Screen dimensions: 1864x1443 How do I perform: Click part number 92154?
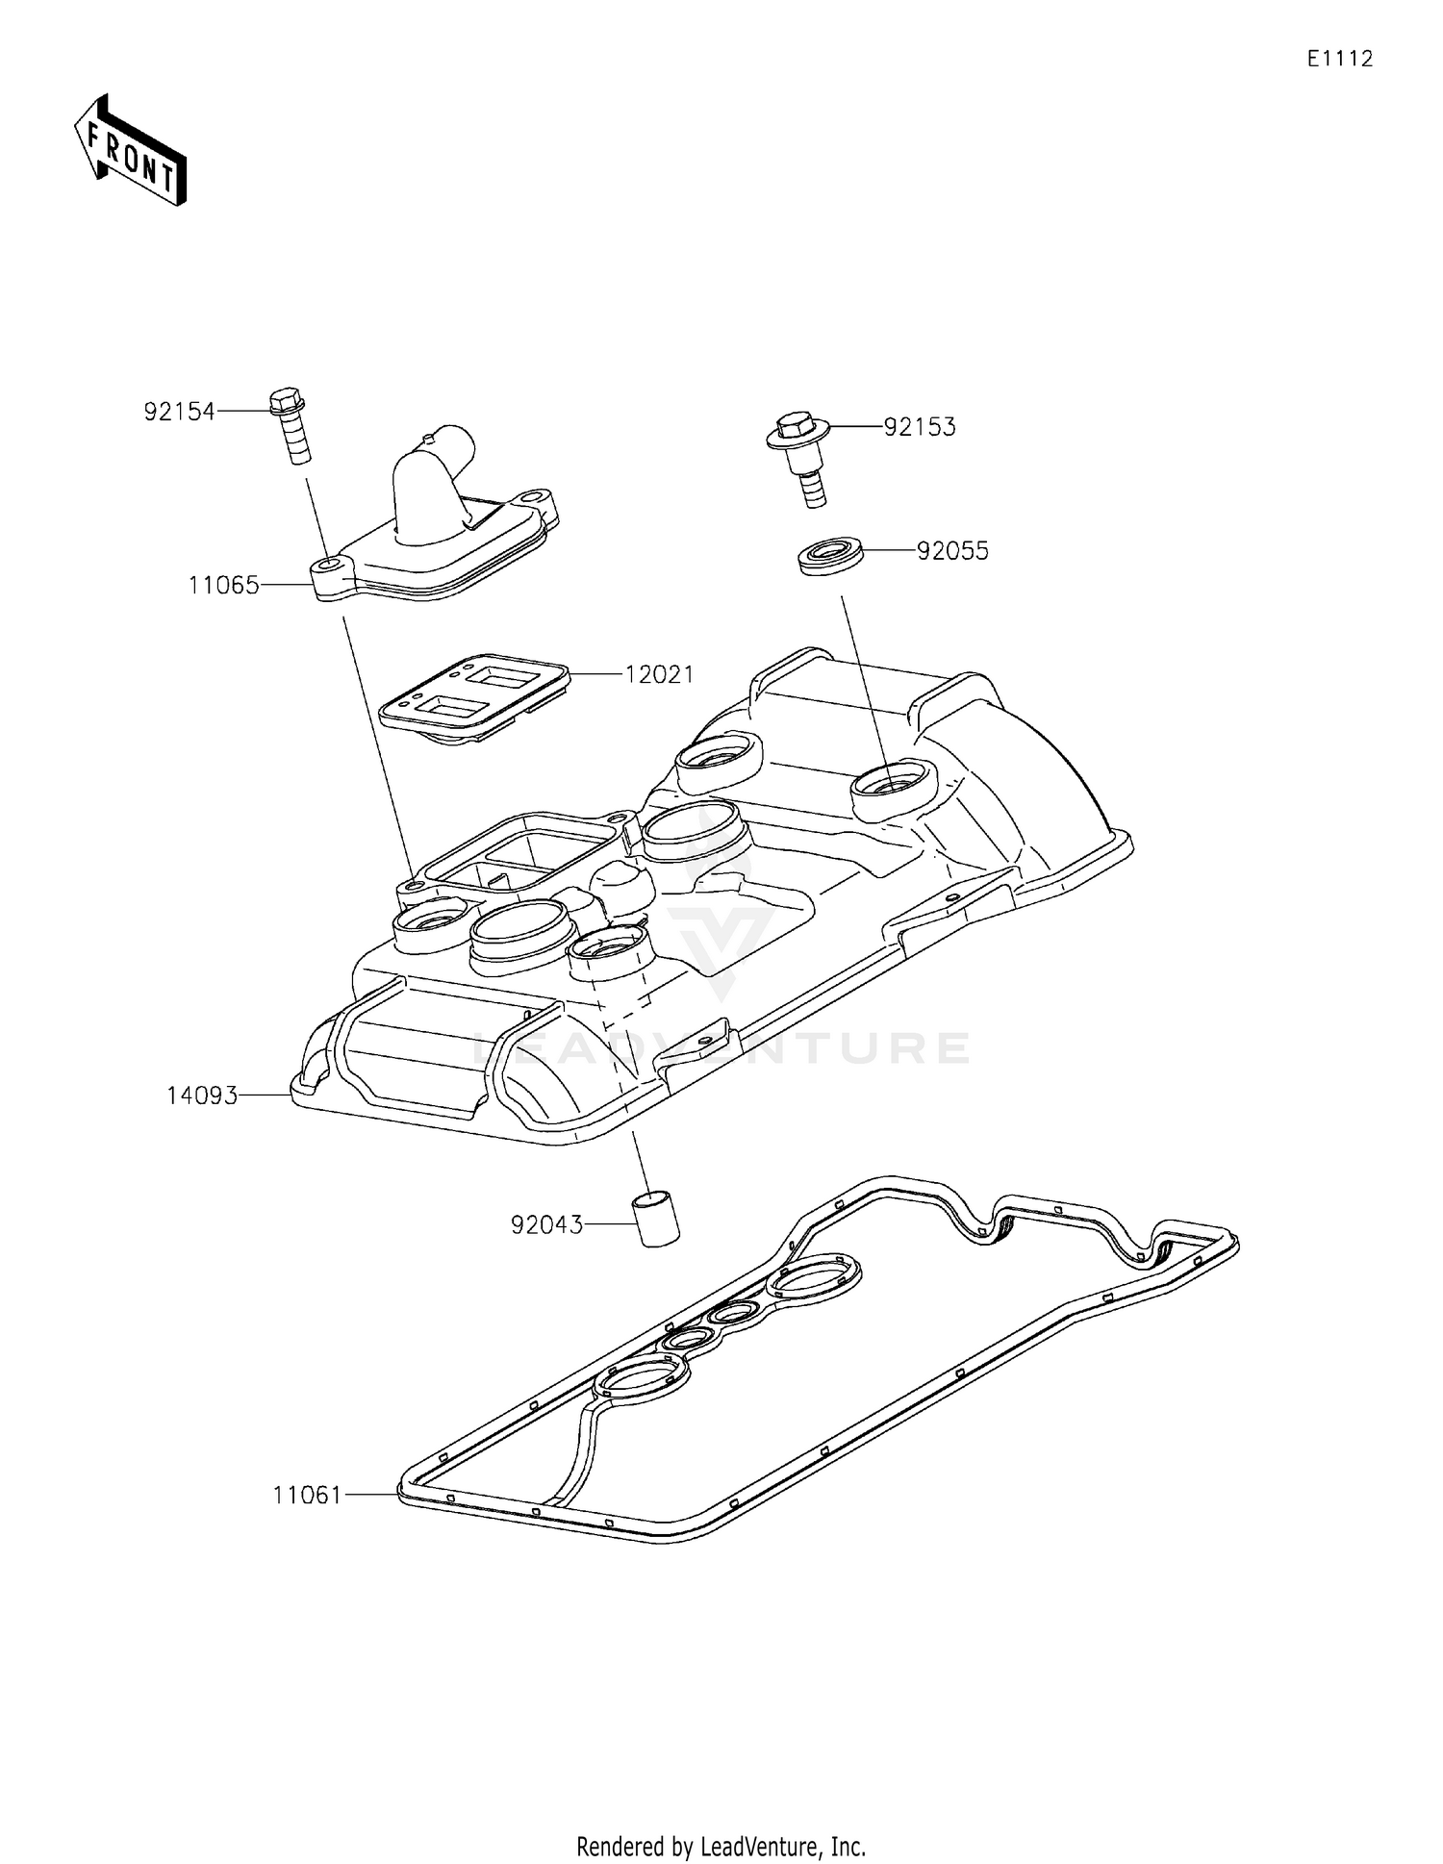(x=179, y=412)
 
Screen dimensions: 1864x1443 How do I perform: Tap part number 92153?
(x=920, y=427)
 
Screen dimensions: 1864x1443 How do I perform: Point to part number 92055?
(x=952, y=551)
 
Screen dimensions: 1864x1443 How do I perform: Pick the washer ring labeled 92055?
(x=829, y=557)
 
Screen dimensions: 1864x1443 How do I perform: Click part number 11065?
(x=223, y=585)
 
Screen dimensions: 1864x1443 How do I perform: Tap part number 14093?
(x=202, y=1096)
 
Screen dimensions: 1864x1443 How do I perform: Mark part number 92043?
(x=546, y=1225)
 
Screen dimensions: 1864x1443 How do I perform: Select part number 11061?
(x=307, y=1496)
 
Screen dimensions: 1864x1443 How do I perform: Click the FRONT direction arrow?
(x=131, y=152)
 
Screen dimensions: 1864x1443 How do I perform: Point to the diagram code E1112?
(x=1339, y=59)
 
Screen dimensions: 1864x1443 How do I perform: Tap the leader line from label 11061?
(x=371, y=1495)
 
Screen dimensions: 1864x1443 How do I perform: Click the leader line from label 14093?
(x=266, y=1095)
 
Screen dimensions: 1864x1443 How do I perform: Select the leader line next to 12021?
(x=596, y=674)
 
